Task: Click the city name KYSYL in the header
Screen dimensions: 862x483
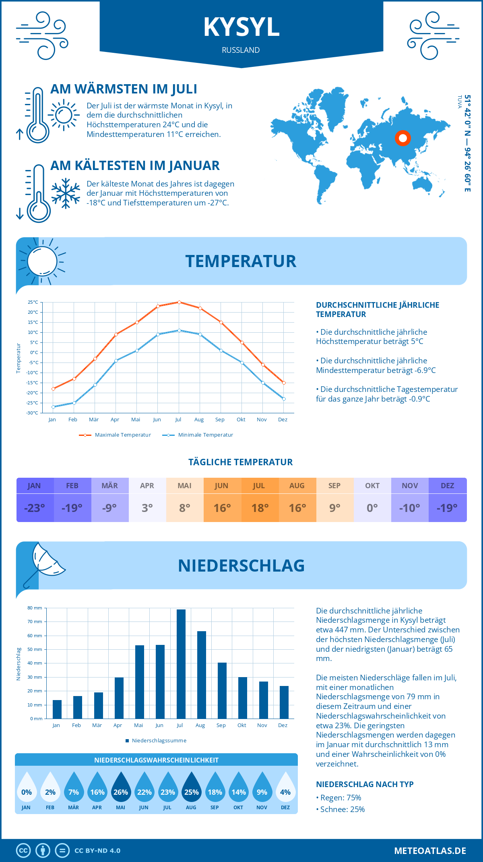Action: (241, 27)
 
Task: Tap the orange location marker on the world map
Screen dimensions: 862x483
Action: (402, 138)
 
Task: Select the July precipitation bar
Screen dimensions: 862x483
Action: (181, 664)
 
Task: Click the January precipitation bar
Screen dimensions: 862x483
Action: (57, 709)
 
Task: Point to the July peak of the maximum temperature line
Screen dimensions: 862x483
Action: (179, 302)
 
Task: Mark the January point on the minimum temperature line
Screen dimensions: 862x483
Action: (53, 407)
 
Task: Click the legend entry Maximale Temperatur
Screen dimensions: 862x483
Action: (115, 435)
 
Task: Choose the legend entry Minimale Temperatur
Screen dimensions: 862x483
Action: (198, 435)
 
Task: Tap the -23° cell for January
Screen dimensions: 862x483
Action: (35, 508)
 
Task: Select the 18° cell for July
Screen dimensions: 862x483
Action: (260, 508)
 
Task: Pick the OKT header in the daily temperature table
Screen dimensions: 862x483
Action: (372, 486)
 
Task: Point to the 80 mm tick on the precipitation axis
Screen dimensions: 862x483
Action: (35, 608)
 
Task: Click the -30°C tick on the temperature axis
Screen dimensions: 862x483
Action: (33, 413)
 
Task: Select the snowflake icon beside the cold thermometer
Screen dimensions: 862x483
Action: (66, 193)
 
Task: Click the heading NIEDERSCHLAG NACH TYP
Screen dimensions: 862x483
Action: (365, 784)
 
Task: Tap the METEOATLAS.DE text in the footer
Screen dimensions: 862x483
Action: (430, 851)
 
